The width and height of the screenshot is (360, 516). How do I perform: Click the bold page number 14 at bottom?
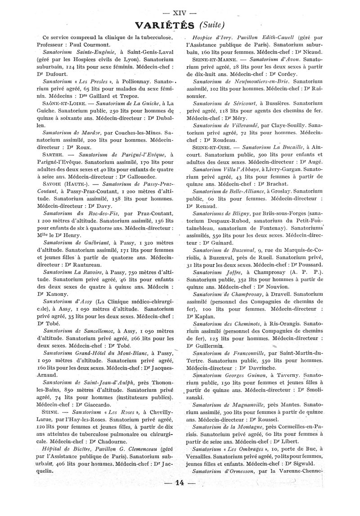pos(179,484)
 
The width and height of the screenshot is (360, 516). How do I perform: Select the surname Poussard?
pos(312,265)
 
